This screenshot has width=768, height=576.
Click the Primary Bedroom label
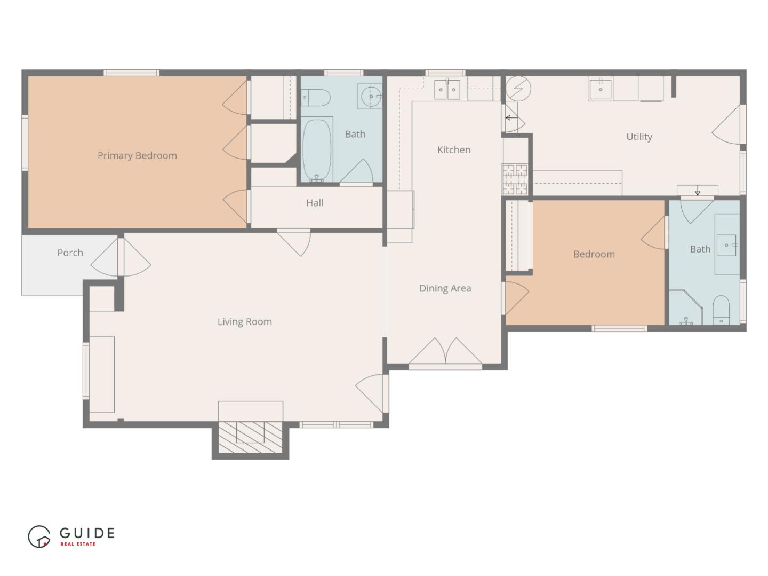(x=137, y=155)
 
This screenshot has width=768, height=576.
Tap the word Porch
(x=70, y=253)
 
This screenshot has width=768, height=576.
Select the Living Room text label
(x=244, y=321)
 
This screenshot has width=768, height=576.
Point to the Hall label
(x=315, y=203)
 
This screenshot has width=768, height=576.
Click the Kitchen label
(x=454, y=150)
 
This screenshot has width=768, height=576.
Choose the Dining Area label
(x=445, y=288)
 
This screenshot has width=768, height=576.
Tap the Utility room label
(x=639, y=137)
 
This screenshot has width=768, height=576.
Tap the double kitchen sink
(x=447, y=90)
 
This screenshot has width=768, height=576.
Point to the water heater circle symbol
(x=518, y=88)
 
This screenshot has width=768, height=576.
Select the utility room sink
(x=601, y=89)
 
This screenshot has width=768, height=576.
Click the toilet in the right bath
(x=721, y=310)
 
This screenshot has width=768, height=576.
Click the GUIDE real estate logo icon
(x=39, y=536)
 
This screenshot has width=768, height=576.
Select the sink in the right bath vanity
(x=726, y=245)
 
